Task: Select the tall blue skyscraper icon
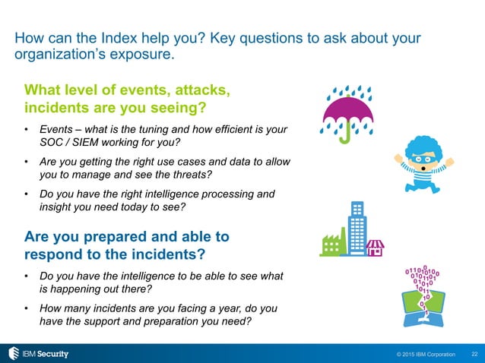tap(354, 229)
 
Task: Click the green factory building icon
tap(331, 242)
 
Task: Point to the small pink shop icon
tap(375, 248)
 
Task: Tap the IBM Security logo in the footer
tap(37, 353)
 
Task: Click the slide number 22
tap(474, 354)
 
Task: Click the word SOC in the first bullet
tap(51, 143)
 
